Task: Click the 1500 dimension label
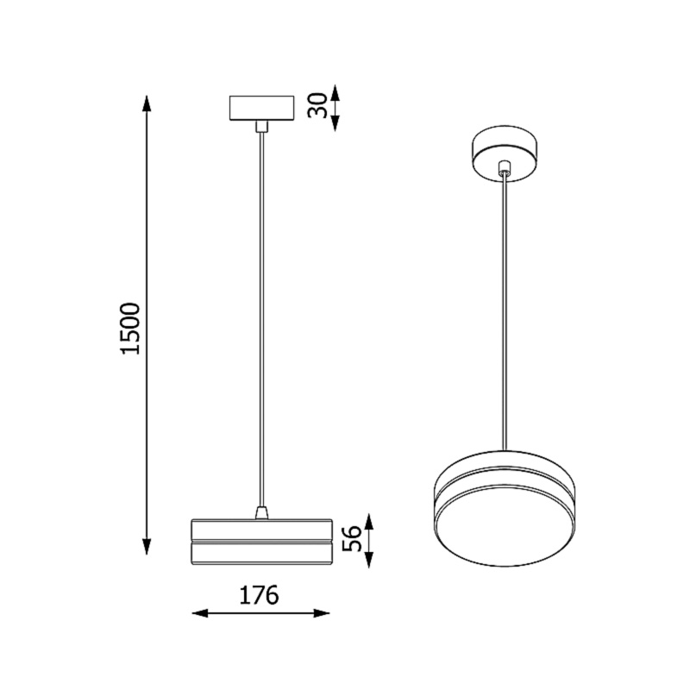[x=131, y=329]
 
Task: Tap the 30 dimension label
[x=317, y=105]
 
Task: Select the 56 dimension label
[x=352, y=538]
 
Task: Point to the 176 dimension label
[x=260, y=595]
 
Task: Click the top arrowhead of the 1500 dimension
[x=147, y=103]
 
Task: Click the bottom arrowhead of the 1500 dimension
[x=147, y=546]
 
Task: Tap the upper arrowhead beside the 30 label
[x=336, y=94]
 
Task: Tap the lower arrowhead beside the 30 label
[x=336, y=122]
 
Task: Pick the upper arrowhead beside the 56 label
[x=370, y=522]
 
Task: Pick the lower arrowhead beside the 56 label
[x=370, y=558]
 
